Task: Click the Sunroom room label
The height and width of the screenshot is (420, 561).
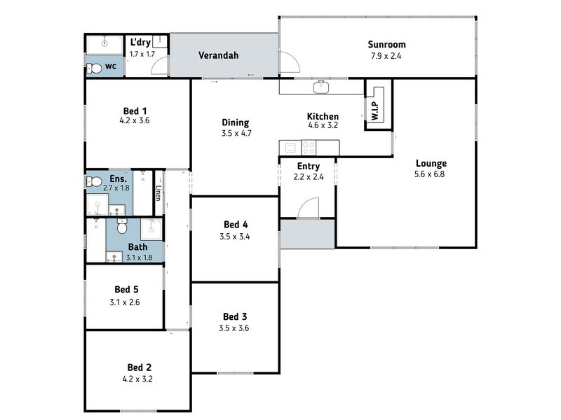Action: tap(387, 45)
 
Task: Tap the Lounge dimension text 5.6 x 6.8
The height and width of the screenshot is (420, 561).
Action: tap(429, 174)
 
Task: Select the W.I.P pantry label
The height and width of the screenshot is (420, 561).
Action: tap(375, 111)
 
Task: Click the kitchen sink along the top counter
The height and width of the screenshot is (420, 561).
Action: tap(321, 86)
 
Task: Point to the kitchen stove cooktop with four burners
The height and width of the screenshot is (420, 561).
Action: tap(309, 148)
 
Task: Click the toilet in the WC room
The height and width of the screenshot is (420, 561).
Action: tap(94, 67)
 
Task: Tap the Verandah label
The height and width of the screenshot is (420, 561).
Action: tap(218, 55)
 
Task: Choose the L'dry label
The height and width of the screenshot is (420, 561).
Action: tap(140, 43)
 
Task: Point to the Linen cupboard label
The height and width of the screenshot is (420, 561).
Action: tap(158, 193)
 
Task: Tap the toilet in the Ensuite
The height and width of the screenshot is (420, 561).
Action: tap(94, 182)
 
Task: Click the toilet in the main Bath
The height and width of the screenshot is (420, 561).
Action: tap(122, 225)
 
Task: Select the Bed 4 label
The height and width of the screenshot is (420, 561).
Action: tap(236, 225)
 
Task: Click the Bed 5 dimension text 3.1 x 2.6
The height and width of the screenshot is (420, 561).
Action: tap(125, 302)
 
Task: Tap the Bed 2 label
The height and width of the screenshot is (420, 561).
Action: tap(139, 367)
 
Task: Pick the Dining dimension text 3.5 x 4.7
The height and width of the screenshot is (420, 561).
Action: tap(236, 134)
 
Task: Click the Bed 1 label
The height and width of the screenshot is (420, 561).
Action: tap(135, 111)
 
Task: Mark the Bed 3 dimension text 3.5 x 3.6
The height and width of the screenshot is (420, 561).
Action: tap(234, 328)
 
